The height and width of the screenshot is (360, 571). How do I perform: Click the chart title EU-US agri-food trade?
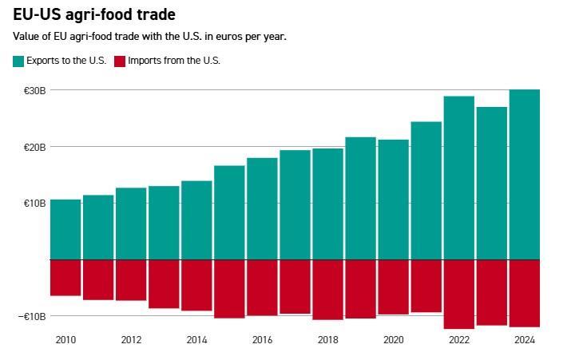(94, 14)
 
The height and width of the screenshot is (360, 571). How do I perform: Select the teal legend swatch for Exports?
(18, 61)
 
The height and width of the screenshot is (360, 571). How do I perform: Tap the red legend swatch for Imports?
(120, 61)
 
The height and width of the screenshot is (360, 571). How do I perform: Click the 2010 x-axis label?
(65, 340)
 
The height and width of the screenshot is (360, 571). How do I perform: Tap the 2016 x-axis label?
(262, 340)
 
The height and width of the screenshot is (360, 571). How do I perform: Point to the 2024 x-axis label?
(524, 340)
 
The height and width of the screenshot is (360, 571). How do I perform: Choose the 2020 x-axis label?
(393, 340)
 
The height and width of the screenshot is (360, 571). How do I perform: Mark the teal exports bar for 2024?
(525, 175)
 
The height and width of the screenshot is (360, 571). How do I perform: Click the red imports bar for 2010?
(65, 278)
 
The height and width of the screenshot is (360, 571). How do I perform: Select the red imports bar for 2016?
(262, 287)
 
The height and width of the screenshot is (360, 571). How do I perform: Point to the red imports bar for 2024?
(525, 293)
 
